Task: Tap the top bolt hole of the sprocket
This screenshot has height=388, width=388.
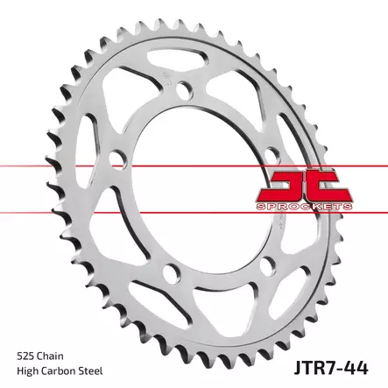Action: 184,91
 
